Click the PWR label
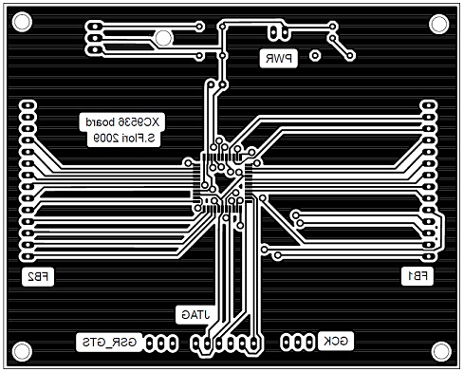(x=279, y=59)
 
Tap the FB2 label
(x=39, y=277)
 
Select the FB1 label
(x=418, y=276)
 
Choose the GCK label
(x=339, y=341)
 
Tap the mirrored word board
(x=101, y=122)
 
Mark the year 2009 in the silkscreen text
(x=103, y=139)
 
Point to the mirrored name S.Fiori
(x=144, y=139)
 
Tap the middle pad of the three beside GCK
(x=296, y=341)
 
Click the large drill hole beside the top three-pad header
(x=163, y=38)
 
